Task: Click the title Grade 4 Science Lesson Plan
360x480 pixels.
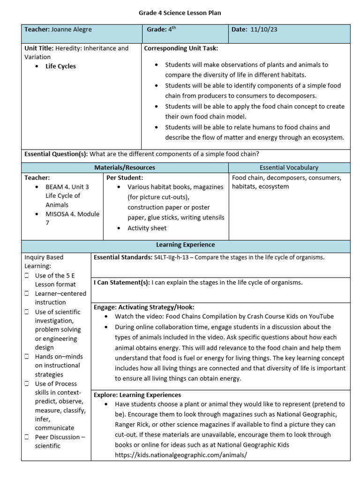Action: [x=180, y=13]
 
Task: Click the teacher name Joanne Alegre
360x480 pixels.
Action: [x=72, y=30]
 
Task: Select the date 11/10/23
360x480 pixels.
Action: [x=264, y=30]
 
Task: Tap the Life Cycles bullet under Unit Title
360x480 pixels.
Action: [x=60, y=66]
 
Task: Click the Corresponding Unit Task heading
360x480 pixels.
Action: [x=180, y=48]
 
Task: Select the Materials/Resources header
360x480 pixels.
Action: [x=125, y=167]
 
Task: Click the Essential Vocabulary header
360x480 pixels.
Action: [x=289, y=167]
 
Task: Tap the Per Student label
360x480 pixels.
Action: [x=125, y=178]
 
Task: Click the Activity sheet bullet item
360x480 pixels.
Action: [x=147, y=228]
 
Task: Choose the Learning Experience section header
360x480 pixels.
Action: [x=185, y=245]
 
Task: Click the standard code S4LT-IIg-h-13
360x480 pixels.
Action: [x=175, y=257]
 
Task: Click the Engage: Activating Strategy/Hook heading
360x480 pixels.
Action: [x=144, y=307]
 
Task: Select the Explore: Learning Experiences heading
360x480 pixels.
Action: [x=137, y=395]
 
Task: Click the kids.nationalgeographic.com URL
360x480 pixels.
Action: [x=180, y=455]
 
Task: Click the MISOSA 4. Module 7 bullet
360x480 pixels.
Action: [x=72, y=218]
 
